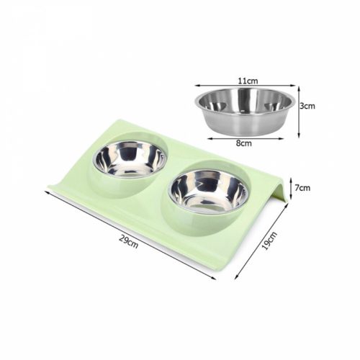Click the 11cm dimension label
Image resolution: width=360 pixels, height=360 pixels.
(248, 81)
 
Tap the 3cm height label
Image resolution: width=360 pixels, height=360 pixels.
(307, 106)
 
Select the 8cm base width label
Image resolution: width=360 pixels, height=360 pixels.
(244, 143)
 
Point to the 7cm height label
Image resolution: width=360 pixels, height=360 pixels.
(302, 188)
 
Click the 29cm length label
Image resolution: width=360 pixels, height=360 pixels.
(129, 243)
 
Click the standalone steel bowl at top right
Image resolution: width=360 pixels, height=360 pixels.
(245, 112)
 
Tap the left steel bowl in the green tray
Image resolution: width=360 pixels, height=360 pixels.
(130, 159)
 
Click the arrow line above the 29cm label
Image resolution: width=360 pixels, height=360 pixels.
(130, 235)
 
